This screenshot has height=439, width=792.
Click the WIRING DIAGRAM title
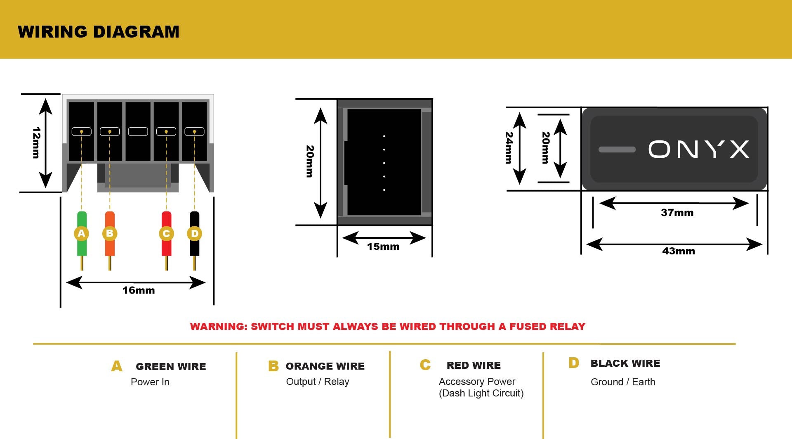[x=99, y=32]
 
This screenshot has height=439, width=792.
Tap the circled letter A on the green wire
[x=82, y=233]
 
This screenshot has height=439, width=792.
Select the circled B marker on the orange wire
[x=110, y=233]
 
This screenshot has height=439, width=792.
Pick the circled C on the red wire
[x=166, y=234]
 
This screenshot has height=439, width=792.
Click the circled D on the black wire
[x=195, y=234]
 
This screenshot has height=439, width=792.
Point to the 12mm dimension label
[x=36, y=142]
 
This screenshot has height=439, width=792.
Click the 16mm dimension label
[x=139, y=290]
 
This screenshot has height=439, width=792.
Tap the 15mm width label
[x=383, y=247]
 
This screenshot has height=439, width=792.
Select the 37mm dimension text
[x=677, y=213]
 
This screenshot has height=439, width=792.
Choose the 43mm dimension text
[x=679, y=251]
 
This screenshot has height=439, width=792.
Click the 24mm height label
[x=509, y=148]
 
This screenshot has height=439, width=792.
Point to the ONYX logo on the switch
[x=699, y=149]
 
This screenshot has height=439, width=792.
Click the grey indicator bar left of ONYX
[x=617, y=149]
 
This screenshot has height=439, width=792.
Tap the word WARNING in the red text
[x=219, y=327]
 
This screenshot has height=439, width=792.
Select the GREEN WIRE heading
[x=171, y=367]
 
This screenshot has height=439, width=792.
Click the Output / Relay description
[x=318, y=382]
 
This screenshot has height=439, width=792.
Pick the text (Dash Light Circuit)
[x=481, y=393]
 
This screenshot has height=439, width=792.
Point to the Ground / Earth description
[x=623, y=382]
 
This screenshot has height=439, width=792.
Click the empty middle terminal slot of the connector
[x=138, y=131]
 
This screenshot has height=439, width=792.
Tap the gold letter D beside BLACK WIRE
[x=574, y=363]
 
